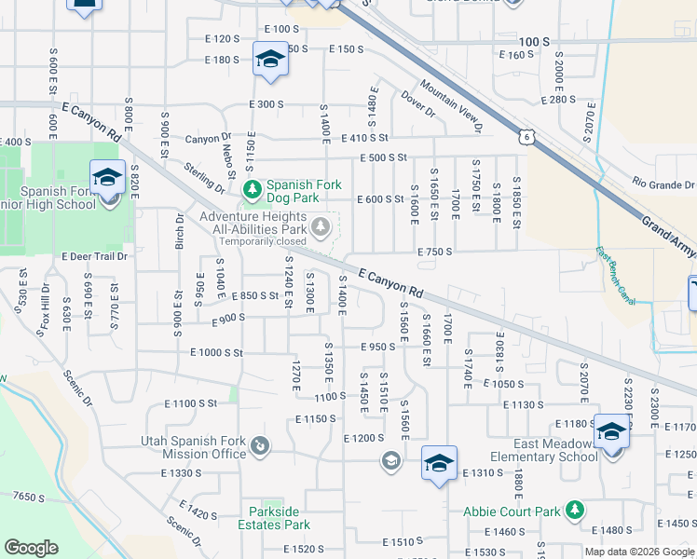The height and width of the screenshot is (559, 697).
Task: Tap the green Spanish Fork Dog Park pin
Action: pyautogui.click(x=251, y=190)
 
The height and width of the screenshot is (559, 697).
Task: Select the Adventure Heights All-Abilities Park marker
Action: pyautogui.click(x=321, y=226)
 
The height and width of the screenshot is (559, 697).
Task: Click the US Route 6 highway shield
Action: pyautogui.click(x=526, y=137)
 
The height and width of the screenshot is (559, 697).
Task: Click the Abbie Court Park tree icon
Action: pyautogui.click(x=576, y=510)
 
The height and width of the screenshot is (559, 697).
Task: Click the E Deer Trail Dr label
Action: pyautogui.click(x=93, y=256)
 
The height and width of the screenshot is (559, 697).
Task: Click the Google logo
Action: pyautogui.click(x=31, y=548)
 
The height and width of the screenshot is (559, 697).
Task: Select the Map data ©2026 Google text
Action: pyautogui.click(x=639, y=552)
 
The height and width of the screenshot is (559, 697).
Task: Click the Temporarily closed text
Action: pyautogui.click(x=262, y=241)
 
